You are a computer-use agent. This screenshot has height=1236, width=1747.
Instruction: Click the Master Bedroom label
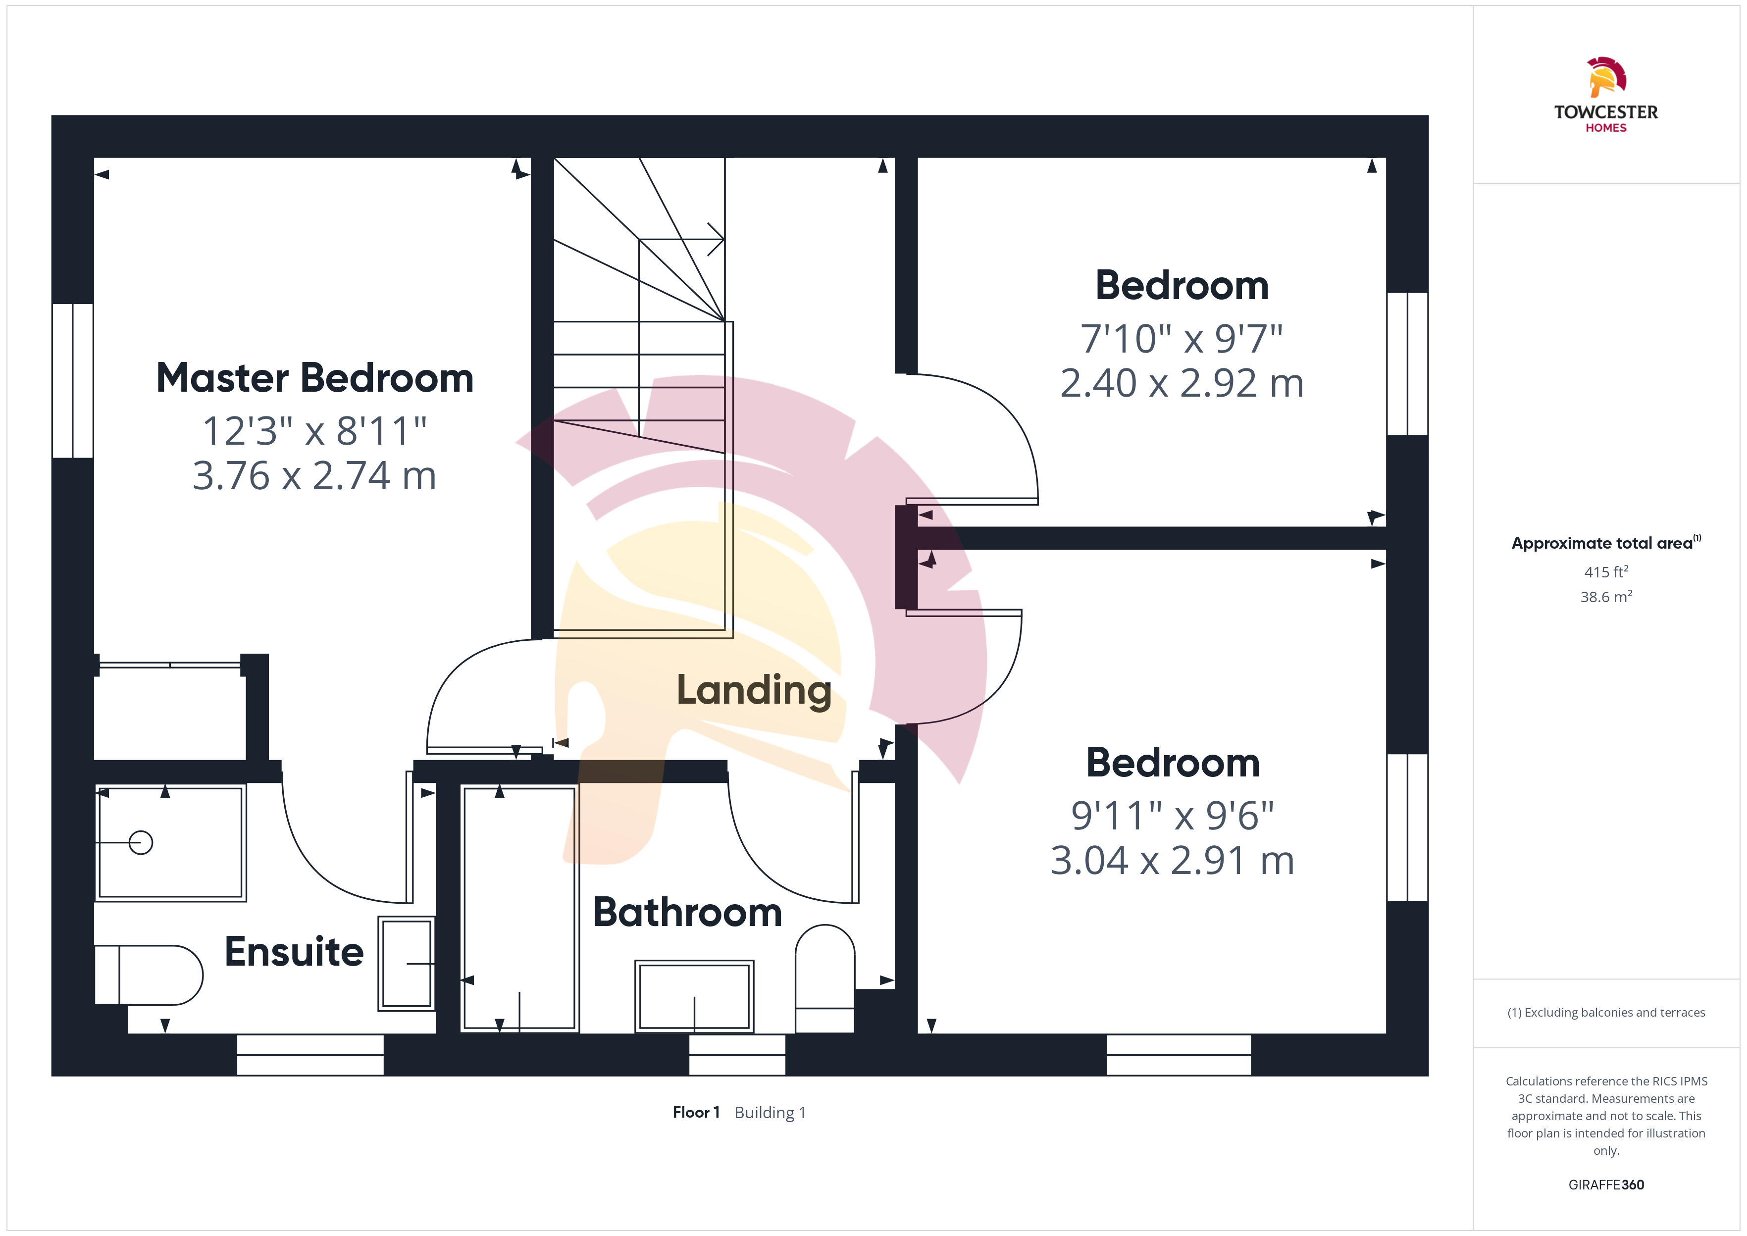314,378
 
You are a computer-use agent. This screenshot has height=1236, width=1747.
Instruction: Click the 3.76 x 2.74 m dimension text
314,476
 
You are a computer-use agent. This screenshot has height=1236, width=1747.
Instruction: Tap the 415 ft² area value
1606,571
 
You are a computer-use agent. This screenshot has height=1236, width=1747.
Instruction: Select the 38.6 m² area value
1606,597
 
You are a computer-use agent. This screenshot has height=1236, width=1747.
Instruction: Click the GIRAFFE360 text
1606,1185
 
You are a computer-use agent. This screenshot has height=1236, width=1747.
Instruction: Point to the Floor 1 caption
696,1113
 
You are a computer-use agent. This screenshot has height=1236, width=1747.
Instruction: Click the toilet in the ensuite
149,975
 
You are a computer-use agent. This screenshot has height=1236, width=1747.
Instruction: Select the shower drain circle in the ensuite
141,842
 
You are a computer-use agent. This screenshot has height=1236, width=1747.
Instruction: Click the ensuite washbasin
407,964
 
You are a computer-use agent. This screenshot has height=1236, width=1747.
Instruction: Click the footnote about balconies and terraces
1606,1012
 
